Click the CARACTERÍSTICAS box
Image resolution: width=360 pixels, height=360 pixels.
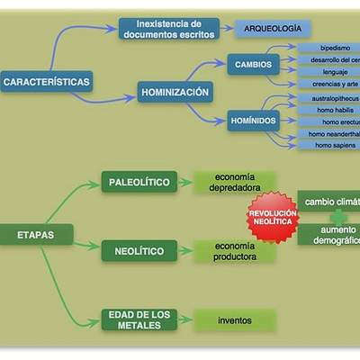coord(47,82)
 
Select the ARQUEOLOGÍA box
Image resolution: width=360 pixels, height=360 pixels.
coord(273,29)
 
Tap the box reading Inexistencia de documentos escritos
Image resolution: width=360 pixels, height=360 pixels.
coord(168,28)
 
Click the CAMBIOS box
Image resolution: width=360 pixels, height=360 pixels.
coord(253,65)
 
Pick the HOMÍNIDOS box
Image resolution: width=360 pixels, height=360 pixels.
coord(252,121)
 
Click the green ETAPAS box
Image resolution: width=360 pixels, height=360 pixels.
coord(35,235)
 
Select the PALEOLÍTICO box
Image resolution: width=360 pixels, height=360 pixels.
coord(139,182)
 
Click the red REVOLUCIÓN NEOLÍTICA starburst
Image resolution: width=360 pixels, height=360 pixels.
coord(273,220)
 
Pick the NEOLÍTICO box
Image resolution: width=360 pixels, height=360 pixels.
coord(139,250)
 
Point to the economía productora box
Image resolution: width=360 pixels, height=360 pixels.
coord(234,251)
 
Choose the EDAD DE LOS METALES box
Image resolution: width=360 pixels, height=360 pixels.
coord(139,319)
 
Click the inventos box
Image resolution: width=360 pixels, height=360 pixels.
coord(234,320)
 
